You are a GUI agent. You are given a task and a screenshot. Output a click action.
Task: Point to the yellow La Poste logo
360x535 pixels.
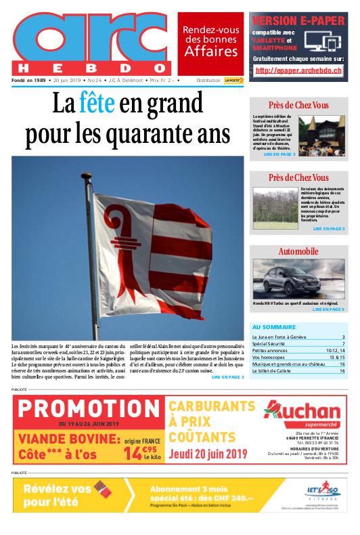click(x=234, y=80)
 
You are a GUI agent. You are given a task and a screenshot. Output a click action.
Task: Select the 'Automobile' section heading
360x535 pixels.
click(x=298, y=251)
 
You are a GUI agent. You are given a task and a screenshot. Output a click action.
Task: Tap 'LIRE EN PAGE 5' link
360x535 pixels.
click(x=329, y=230)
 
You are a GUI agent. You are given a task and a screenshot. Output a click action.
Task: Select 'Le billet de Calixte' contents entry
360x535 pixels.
click(x=271, y=371)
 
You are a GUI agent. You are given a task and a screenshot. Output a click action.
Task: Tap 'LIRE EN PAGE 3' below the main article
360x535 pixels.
click(x=227, y=377)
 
